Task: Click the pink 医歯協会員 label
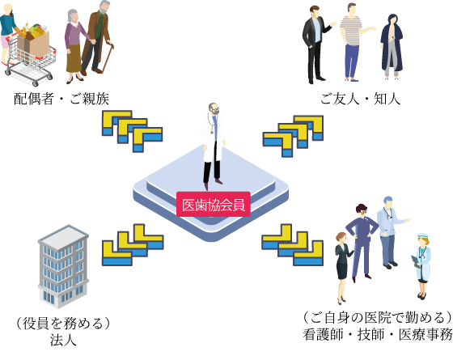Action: [214, 204]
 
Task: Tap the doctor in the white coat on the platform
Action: [214, 146]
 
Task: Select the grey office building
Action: [64, 266]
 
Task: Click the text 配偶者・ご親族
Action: [61, 99]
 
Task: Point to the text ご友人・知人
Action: [360, 99]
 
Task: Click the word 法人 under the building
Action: [63, 340]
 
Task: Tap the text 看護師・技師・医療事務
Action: [377, 335]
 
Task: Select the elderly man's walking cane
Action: [106, 57]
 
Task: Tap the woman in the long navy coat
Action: [392, 46]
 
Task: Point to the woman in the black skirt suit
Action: [343, 267]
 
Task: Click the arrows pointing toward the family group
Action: [132, 131]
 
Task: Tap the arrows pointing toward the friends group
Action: [293, 136]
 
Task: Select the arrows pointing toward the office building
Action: [133, 244]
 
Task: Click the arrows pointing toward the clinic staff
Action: [292, 244]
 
